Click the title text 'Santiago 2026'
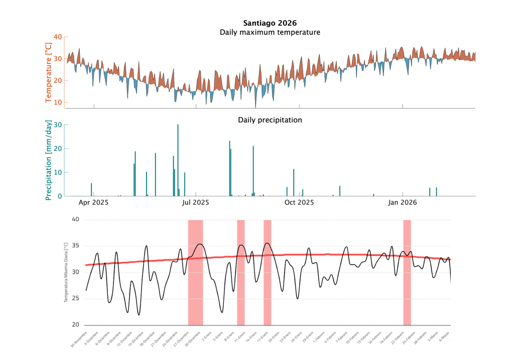click(270, 23)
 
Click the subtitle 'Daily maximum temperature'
click(270, 33)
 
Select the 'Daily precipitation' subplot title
click(270, 120)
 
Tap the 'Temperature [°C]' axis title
click(49, 72)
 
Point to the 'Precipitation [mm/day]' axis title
click(49, 160)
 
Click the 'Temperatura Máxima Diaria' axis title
click(66, 272)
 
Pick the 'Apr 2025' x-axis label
click(94, 203)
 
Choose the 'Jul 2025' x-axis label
click(195, 203)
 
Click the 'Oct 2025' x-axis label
click(299, 203)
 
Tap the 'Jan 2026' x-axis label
click(403, 203)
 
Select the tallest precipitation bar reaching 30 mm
click(178, 161)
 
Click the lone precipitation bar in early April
click(91, 190)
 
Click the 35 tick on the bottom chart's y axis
click(76, 246)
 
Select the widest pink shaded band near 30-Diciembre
click(195, 273)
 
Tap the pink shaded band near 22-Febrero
click(407, 273)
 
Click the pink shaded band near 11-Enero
click(241, 273)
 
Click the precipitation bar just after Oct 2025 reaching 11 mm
click(294, 183)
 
